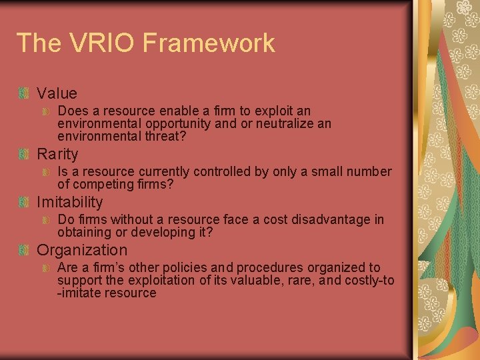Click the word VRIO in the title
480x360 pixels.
tap(101, 43)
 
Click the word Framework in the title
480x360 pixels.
tap(209, 43)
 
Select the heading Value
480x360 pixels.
tap(57, 93)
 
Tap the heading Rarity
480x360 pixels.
tap(57, 155)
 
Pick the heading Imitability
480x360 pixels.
tap(69, 203)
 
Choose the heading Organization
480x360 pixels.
tap(81, 251)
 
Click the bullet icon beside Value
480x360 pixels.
tap(25, 93)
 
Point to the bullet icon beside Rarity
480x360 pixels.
tap(25, 155)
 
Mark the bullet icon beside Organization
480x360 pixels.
tap(25, 251)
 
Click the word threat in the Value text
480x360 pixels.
tap(166, 136)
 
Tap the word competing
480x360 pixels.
tap(99, 184)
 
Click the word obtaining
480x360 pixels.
tap(83, 232)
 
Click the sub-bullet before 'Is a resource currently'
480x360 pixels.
tap(45, 172)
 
